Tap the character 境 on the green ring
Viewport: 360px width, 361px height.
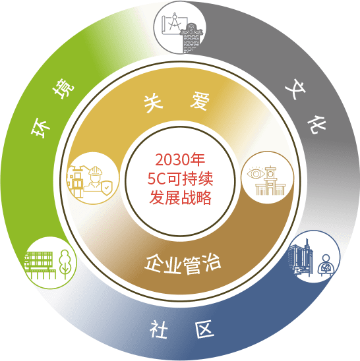(63, 88)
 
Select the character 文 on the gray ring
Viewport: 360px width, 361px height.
(295, 89)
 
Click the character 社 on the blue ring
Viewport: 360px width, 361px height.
(158, 329)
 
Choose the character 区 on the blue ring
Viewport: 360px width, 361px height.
(205, 329)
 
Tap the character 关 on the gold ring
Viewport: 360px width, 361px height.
(153, 103)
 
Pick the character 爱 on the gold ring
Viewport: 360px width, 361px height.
(200, 101)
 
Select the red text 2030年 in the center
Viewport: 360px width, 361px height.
(180, 159)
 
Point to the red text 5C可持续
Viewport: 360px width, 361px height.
(180, 179)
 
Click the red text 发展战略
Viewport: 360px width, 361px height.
(180, 198)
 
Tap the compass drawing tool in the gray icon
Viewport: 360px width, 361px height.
(174, 22)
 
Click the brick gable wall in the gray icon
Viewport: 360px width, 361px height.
(191, 38)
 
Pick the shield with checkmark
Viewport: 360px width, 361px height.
(106, 188)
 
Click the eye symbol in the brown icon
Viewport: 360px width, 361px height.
(256, 173)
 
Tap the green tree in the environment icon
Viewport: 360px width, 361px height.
(65, 264)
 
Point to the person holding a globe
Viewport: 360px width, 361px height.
(326, 265)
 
